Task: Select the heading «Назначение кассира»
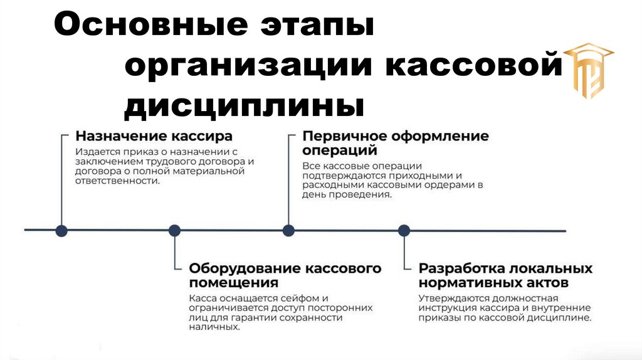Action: (154, 136)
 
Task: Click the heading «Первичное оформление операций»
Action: (395, 143)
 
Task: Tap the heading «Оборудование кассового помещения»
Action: (285, 275)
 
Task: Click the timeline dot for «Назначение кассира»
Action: (61, 230)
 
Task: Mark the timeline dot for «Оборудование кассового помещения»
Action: (175, 230)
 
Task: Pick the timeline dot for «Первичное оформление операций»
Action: (288, 230)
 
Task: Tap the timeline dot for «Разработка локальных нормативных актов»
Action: (404, 230)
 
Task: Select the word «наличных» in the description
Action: (214, 327)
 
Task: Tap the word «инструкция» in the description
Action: (448, 309)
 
